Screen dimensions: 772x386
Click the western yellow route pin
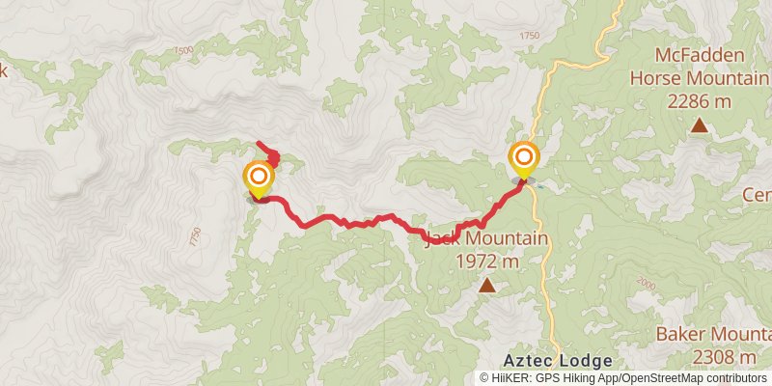pyautogui.click(x=259, y=178)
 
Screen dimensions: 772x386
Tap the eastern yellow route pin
pyautogui.click(x=524, y=157)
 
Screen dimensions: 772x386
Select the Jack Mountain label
pyautogui.click(x=486, y=239)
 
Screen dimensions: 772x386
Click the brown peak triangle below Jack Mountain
pyautogui.click(x=488, y=285)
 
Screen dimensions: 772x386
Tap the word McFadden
pyautogui.click(x=697, y=53)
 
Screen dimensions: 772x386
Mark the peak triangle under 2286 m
pyautogui.click(x=699, y=124)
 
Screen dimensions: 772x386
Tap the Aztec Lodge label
pyautogui.click(x=557, y=361)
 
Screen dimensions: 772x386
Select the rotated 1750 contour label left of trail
pyautogui.click(x=196, y=234)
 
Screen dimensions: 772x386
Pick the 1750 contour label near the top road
pyautogui.click(x=529, y=36)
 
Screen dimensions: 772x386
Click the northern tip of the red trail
pyautogui.click(x=257, y=144)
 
